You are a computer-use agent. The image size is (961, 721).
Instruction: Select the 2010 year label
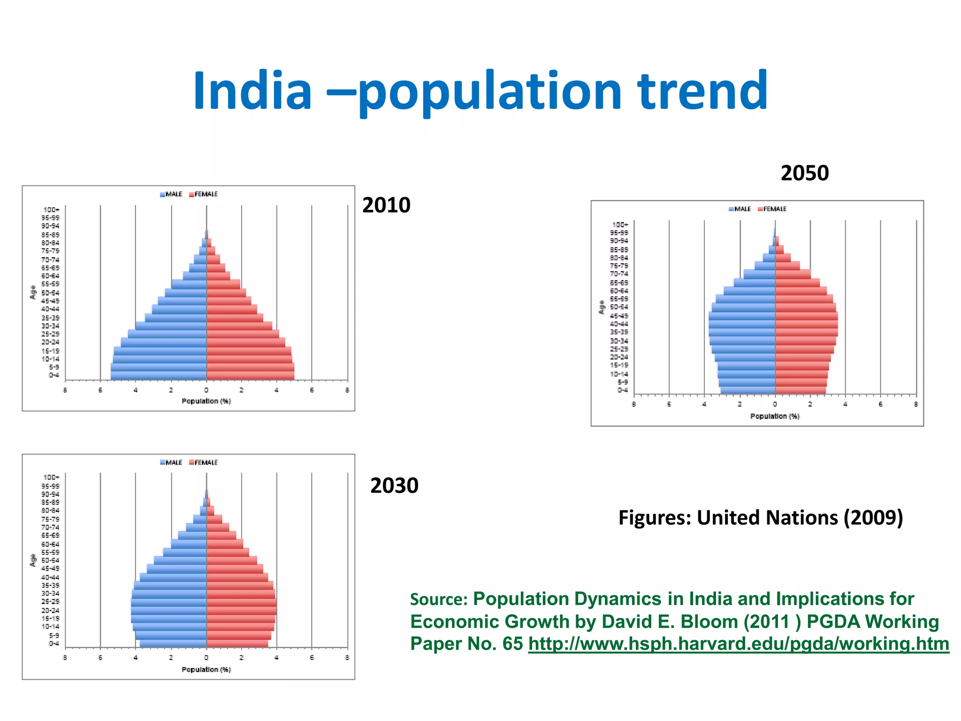[386, 205]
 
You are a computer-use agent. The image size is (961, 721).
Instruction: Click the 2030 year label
[394, 485]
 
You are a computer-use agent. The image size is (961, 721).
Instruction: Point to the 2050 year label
[805, 173]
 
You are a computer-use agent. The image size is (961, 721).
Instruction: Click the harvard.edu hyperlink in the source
[739, 644]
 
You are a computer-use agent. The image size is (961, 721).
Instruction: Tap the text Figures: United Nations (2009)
[761, 517]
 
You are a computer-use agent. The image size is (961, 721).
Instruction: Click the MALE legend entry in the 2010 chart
[171, 194]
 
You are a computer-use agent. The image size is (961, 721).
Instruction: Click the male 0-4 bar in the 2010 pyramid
[159, 375]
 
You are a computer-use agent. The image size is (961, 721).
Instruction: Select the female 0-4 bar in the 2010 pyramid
[250, 375]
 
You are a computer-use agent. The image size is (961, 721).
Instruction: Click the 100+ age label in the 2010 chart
[51, 210]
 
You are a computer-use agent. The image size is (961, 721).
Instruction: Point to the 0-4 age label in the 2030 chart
[54, 643]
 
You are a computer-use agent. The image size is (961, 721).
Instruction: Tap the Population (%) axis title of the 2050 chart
[775, 416]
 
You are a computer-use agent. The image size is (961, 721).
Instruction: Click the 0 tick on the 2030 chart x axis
[206, 658]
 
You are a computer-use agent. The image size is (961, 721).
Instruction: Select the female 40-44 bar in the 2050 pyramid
[806, 324]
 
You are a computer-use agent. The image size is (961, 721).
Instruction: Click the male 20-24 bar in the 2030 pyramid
[169, 610]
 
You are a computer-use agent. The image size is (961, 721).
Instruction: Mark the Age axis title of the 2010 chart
[33, 292]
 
